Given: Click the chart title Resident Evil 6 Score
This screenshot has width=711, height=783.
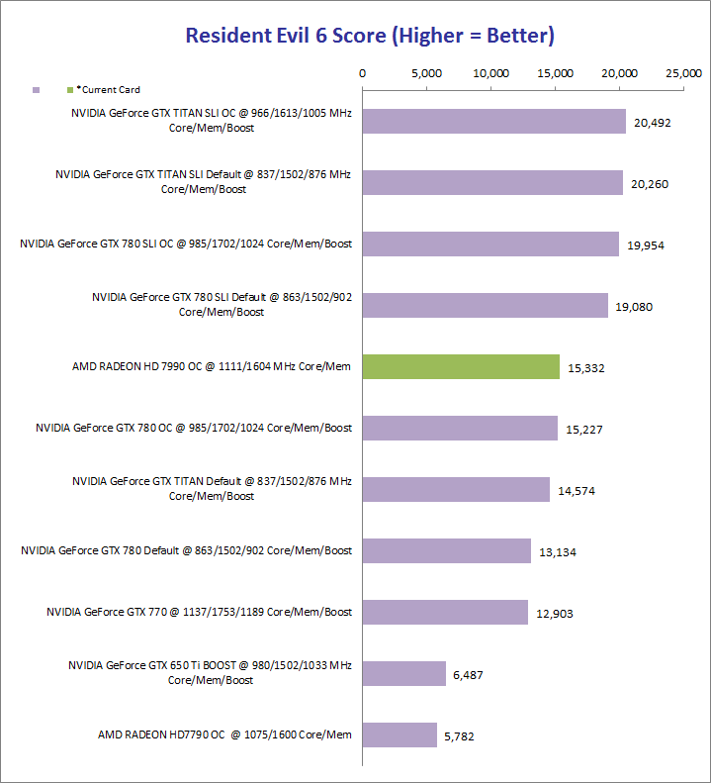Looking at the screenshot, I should point(370,37).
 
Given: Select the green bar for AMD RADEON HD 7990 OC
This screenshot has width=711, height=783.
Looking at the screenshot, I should point(461,366).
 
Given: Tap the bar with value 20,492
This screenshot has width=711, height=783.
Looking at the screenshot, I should point(494,121).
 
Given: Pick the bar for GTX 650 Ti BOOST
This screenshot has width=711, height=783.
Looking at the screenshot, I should point(404,673).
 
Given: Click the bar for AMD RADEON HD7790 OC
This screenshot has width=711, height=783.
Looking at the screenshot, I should point(400,734).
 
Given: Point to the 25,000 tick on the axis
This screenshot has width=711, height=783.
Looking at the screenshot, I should point(684,73).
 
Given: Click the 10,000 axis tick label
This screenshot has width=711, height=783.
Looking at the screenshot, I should point(491,73).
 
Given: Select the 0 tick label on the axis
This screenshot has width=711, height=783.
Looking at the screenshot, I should point(363,73).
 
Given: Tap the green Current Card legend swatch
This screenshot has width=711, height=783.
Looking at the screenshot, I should point(69,89).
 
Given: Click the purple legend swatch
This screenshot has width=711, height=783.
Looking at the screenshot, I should point(36,89).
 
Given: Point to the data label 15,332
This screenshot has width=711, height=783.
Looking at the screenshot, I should point(586,368).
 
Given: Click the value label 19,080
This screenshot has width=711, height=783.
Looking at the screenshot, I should point(634,307).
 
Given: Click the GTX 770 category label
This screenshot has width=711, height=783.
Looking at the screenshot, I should point(199,612).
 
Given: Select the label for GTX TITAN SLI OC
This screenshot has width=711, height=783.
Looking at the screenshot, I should point(212,121).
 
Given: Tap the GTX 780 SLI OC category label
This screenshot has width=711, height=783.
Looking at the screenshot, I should point(186,244).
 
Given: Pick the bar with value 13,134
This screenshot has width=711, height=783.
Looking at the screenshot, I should point(447,550).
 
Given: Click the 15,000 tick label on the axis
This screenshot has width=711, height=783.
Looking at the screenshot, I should point(556,73).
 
